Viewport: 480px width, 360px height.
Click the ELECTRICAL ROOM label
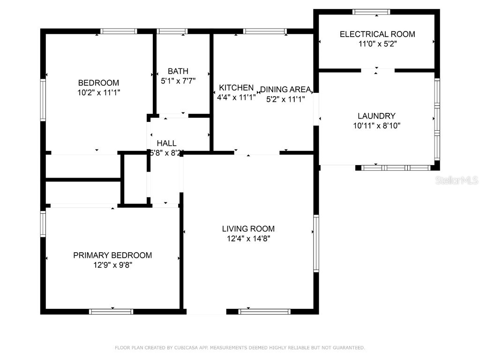377,34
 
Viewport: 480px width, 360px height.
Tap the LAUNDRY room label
376,116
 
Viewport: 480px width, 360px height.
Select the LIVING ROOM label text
248,229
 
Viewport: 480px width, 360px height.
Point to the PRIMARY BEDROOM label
112,255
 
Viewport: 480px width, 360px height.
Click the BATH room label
178,71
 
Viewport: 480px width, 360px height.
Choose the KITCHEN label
236,88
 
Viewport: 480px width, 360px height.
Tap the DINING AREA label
285,90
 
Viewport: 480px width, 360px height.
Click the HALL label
166,143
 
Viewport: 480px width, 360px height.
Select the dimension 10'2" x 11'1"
98,93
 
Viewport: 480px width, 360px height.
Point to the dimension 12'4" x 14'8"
248,239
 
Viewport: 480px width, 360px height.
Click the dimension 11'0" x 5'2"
377,44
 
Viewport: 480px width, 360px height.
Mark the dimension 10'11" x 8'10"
376,126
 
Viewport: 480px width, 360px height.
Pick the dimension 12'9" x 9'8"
112,265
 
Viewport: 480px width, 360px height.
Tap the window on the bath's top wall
172,31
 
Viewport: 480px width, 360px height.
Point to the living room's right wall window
316,243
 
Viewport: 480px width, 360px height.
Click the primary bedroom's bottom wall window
111,311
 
